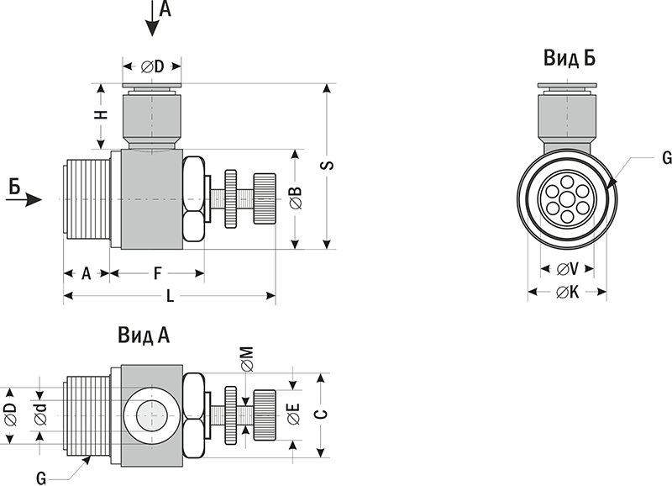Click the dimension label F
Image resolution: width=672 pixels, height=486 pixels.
(x=157, y=273)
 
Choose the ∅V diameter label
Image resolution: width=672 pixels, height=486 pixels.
(x=569, y=270)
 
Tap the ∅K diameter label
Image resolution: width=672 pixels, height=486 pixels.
(x=568, y=293)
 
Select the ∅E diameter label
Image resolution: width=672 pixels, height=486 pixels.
(x=292, y=415)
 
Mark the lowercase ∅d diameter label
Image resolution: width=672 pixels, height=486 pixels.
(x=40, y=414)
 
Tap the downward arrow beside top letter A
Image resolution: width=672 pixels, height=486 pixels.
(x=152, y=22)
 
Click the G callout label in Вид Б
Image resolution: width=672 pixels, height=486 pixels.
(x=665, y=157)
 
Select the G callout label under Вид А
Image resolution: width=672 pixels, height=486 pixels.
(x=40, y=478)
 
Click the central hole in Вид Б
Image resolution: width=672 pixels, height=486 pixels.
(x=567, y=200)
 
